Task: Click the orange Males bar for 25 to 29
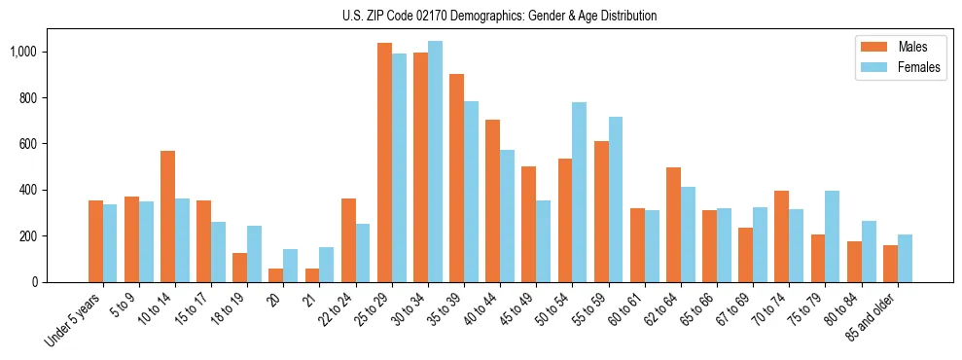384,162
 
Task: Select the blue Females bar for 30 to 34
435,162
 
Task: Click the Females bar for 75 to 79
832,236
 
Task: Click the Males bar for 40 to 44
492,200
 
